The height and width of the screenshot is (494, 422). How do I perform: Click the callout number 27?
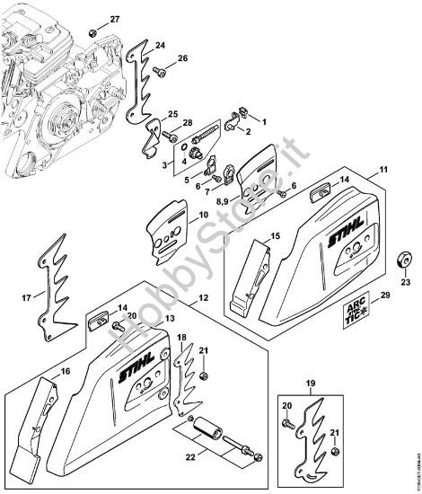[x=114, y=19]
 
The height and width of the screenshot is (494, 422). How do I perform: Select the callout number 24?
[x=160, y=44]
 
